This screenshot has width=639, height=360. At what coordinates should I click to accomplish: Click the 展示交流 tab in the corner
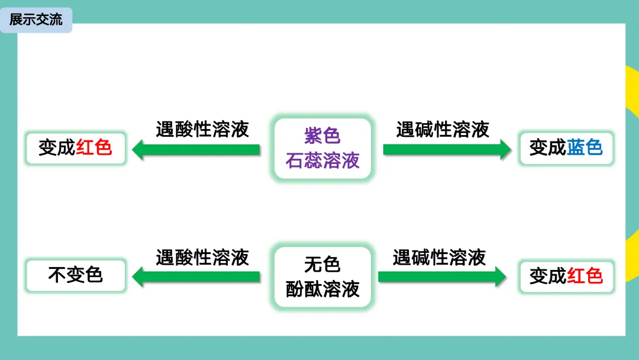tap(35, 20)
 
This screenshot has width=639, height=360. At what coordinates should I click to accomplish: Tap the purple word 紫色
tap(322, 136)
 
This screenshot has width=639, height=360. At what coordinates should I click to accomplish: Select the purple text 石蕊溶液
tap(322, 160)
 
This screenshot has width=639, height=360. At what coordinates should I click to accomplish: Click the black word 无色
tap(322, 264)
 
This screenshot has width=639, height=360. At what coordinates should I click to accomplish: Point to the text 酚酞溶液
tap(322, 289)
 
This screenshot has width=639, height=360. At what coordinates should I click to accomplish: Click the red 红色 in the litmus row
tap(94, 147)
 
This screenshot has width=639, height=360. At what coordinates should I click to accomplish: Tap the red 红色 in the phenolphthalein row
tap(585, 275)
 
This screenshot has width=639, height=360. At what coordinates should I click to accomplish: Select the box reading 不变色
tap(76, 275)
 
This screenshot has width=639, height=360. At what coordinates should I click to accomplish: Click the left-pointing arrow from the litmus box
tap(196, 149)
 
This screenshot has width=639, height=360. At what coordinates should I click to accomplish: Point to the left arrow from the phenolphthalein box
tap(196, 277)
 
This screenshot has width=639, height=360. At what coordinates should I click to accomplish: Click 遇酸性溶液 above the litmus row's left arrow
tap(202, 129)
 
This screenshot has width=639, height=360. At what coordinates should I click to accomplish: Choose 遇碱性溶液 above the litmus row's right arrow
tap(443, 129)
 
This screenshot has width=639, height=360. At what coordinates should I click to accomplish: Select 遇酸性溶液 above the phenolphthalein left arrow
tap(202, 257)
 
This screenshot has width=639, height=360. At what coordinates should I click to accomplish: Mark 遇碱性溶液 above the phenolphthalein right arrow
tap(439, 257)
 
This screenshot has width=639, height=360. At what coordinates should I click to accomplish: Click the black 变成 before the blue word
tap(548, 147)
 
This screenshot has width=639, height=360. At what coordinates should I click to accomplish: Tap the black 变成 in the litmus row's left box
tap(57, 147)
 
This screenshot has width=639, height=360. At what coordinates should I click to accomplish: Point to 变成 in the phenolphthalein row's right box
tap(548, 275)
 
